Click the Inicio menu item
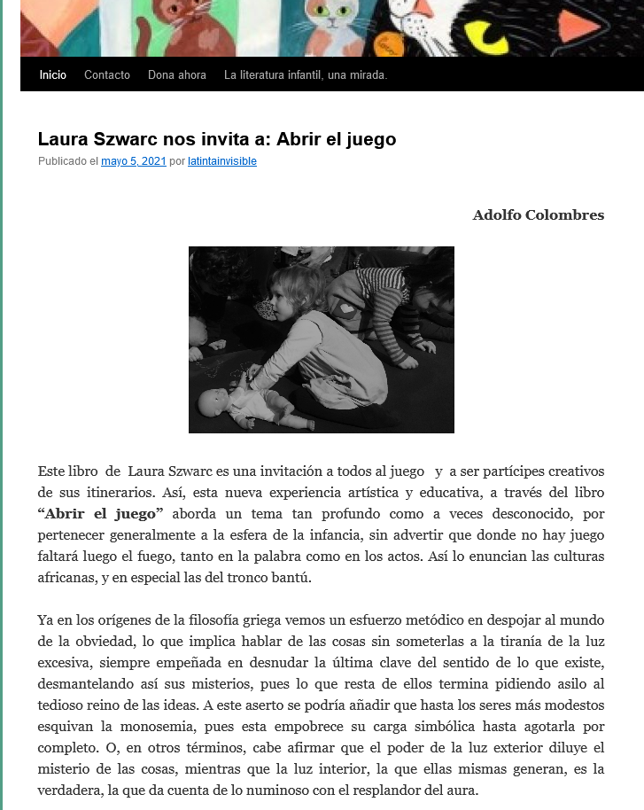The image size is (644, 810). coord(53,75)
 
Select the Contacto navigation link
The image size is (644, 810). coord(107,75)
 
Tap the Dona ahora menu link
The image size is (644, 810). coord(177,75)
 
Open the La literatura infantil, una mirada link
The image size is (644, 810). coord(306,75)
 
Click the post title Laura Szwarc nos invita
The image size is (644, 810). coord(216,139)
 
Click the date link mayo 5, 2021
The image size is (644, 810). coord(134,161)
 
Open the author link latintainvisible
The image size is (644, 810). coord(222,161)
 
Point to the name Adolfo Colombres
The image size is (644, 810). coord(538,215)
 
